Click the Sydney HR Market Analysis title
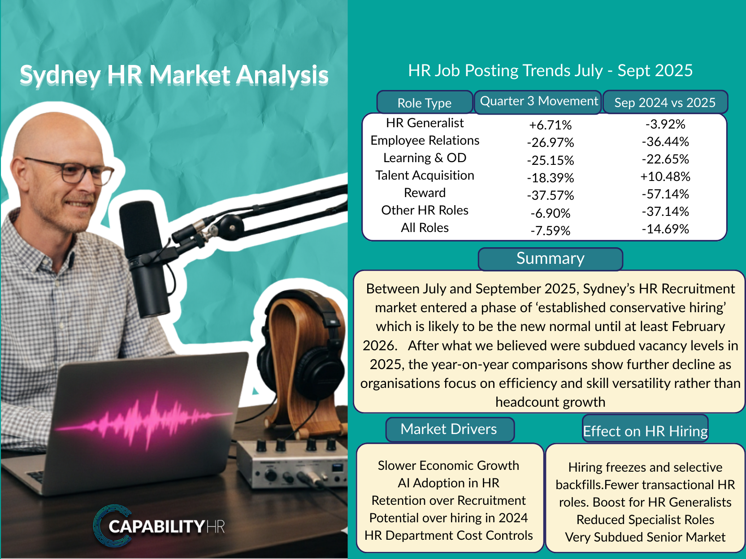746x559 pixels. [x=174, y=75]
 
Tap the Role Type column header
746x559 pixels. [x=425, y=103]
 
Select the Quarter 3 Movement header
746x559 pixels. [x=538, y=102]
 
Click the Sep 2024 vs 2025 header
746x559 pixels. [x=665, y=102]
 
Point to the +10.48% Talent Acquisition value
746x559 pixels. [x=665, y=176]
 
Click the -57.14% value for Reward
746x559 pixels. [x=665, y=194]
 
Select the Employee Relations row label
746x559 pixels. [x=425, y=141]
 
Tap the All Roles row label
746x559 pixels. [x=425, y=228]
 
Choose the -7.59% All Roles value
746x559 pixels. [x=550, y=231]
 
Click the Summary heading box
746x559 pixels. [x=550, y=259]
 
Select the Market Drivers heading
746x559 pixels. [x=450, y=430]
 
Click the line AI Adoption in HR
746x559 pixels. [x=449, y=483]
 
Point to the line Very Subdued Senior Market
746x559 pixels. [x=645, y=537]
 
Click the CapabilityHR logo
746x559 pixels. [x=159, y=526]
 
